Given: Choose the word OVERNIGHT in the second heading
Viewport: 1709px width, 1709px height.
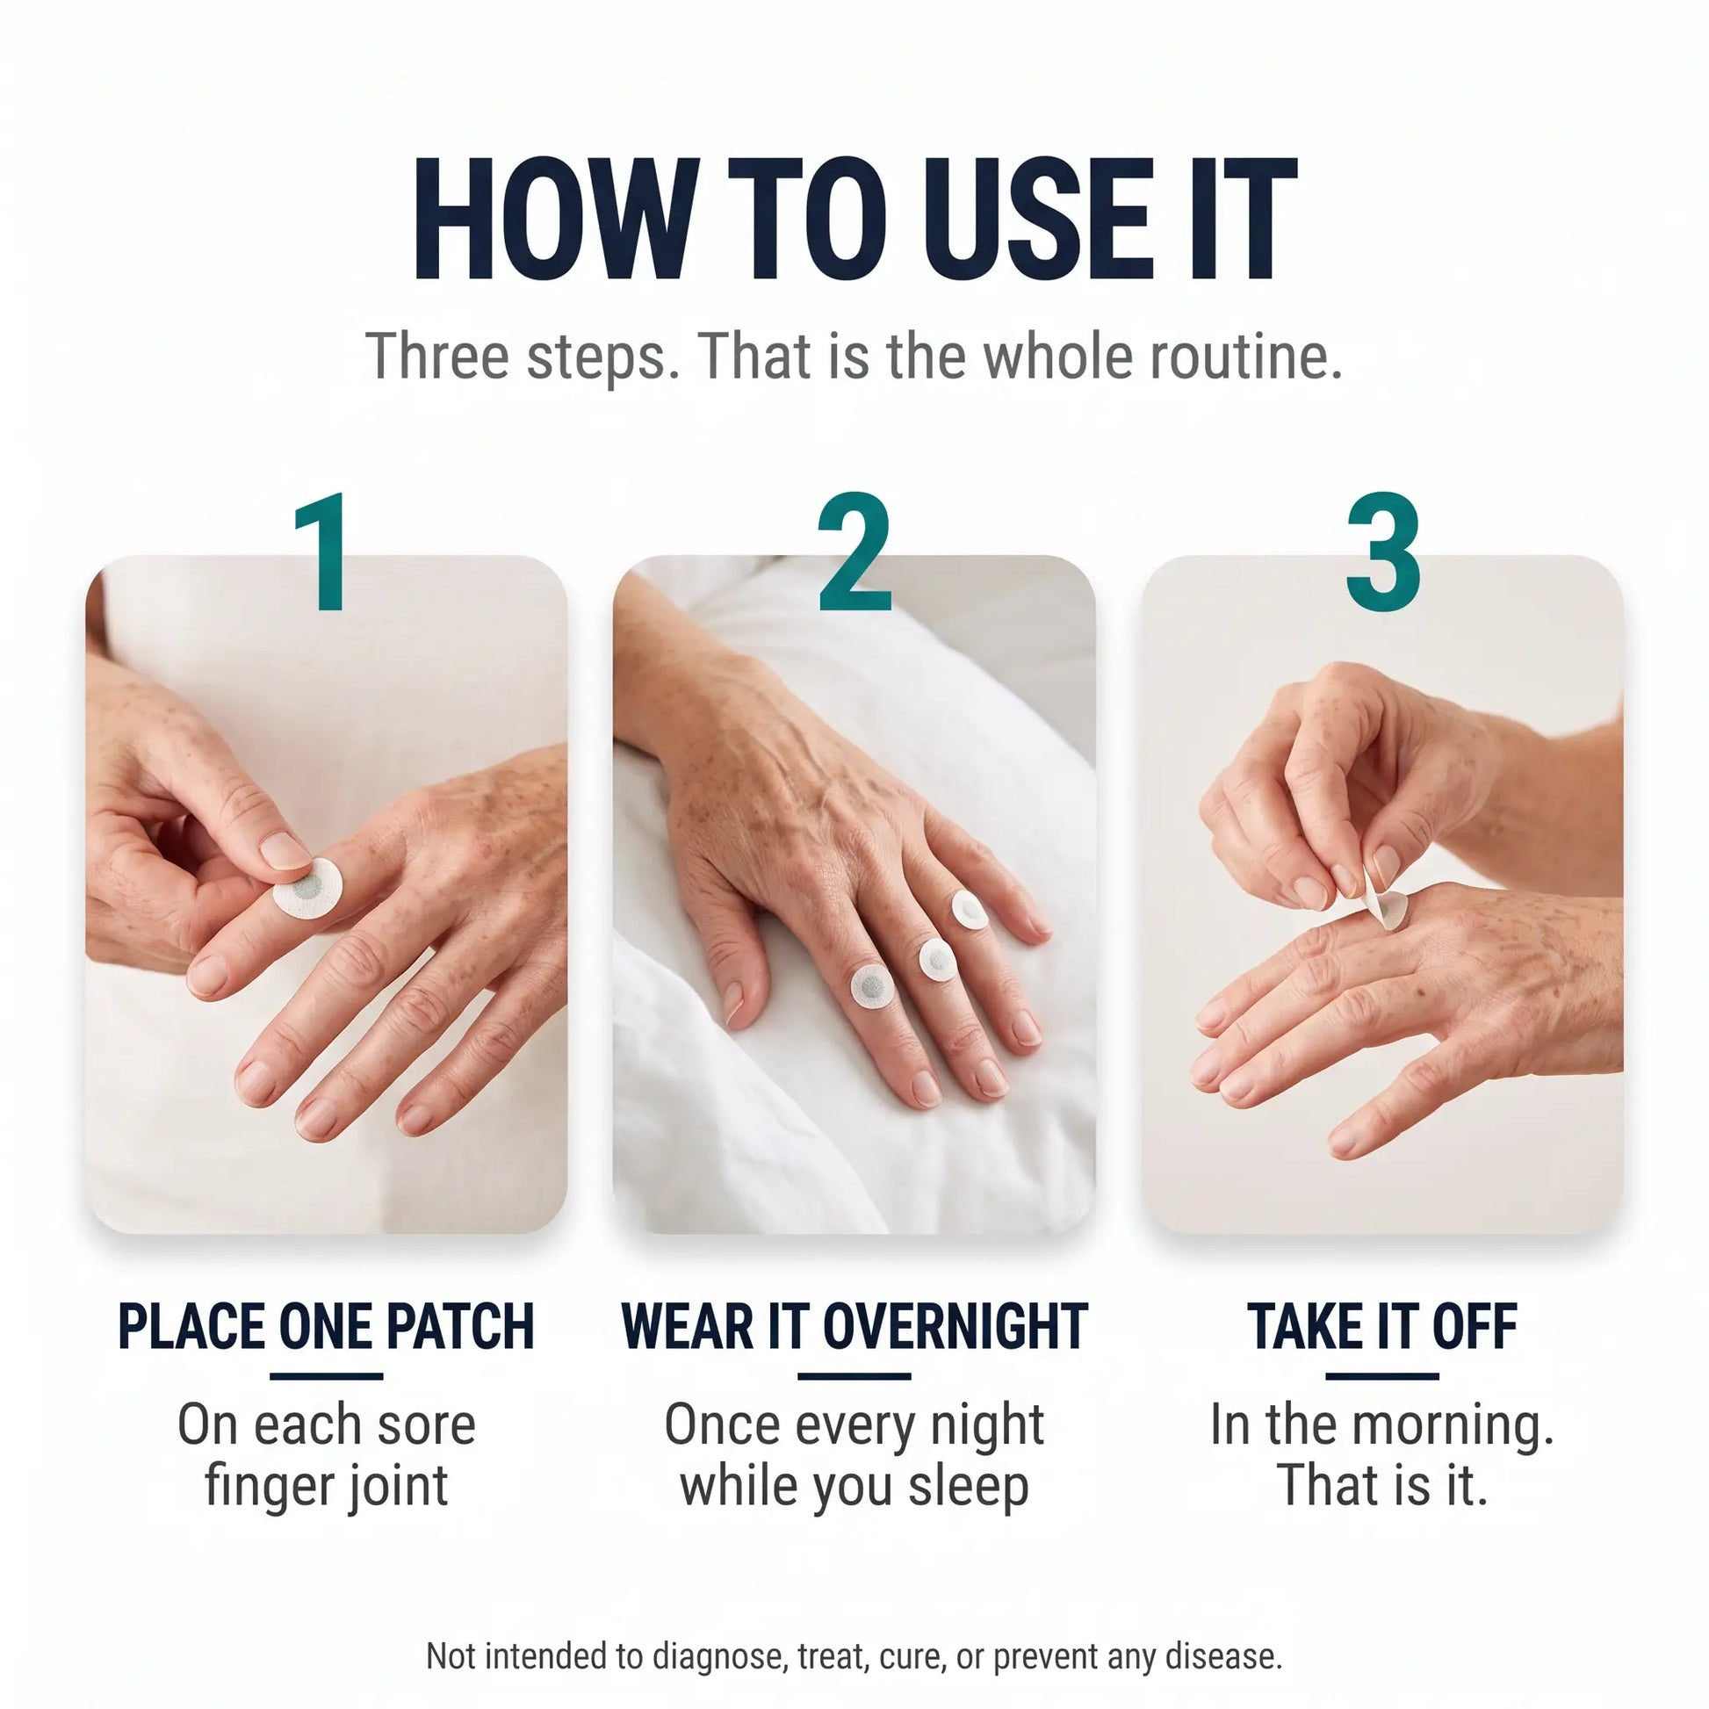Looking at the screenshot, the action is pyautogui.click(x=955, y=1326).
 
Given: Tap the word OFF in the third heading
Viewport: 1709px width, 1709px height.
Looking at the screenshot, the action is pyautogui.click(x=1475, y=1326).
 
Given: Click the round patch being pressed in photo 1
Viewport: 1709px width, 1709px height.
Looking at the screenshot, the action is pyautogui.click(x=306, y=886).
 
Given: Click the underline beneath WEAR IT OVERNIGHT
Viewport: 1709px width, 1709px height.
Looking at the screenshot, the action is pyautogui.click(x=854, y=1375).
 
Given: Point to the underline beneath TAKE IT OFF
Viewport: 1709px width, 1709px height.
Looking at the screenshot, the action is pyautogui.click(x=1382, y=1375).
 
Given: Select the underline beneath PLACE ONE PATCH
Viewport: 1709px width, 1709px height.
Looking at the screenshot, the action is pyautogui.click(x=326, y=1375).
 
